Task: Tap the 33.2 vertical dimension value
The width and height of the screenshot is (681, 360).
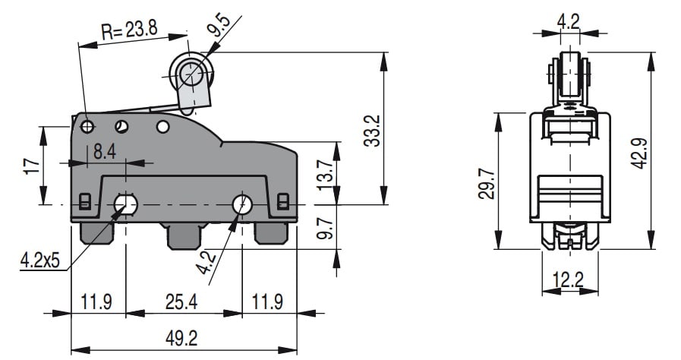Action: pyautogui.click(x=372, y=131)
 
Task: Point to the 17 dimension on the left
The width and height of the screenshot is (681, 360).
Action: pyautogui.click(x=33, y=166)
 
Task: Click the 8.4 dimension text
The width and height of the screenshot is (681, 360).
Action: pyautogui.click(x=105, y=152)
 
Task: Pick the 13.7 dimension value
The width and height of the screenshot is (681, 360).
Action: pyautogui.click(x=325, y=175)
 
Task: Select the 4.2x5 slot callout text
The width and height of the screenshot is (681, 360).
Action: pyautogui.click(x=40, y=261)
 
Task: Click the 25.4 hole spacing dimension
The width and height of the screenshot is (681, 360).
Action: pyautogui.click(x=181, y=302)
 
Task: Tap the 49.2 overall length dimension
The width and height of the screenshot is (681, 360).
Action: pyautogui.click(x=181, y=338)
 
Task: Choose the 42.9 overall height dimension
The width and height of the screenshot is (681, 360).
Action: pyautogui.click(x=641, y=153)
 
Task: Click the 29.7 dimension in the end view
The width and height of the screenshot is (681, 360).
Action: pyautogui.click(x=486, y=184)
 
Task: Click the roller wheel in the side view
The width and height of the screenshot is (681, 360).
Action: pyautogui.click(x=191, y=74)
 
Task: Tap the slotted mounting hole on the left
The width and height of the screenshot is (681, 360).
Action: pyautogui.click(x=126, y=204)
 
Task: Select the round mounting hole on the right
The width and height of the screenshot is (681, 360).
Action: pyautogui.click(x=242, y=204)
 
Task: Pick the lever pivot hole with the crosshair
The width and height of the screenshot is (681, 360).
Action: pyautogui.click(x=88, y=127)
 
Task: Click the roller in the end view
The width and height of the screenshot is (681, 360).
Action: pyautogui.click(x=569, y=74)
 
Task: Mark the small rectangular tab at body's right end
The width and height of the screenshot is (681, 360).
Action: pyautogui.click(x=282, y=201)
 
